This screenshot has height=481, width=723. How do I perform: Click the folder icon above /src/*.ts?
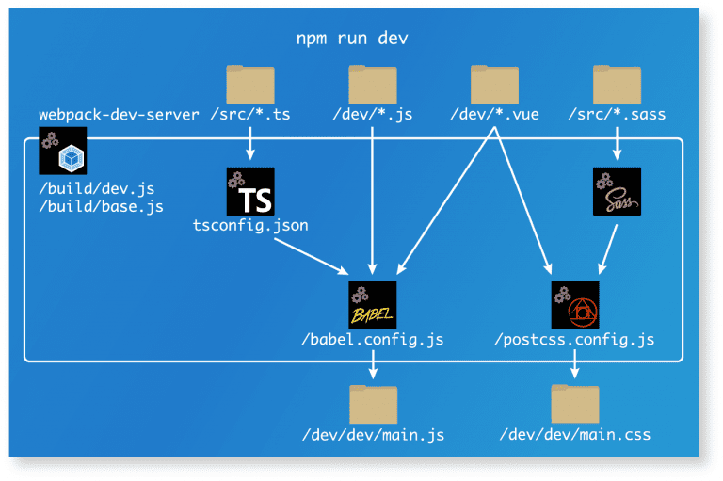point(250,85)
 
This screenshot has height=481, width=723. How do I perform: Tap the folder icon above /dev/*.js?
point(373,85)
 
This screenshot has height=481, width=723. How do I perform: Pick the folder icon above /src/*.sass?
point(618,85)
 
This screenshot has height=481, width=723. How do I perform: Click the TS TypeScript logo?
point(250,191)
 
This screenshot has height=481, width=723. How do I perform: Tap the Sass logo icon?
point(618,191)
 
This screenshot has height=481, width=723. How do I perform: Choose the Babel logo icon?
point(373,305)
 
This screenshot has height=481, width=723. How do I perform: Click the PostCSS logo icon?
point(575,305)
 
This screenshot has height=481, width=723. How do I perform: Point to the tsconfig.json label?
point(250,226)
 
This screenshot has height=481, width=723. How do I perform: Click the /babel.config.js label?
point(373,339)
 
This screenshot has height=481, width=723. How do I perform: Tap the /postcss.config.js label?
point(574,339)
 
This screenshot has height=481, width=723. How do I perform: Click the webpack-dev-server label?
point(119,115)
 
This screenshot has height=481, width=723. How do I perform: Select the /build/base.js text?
point(101,206)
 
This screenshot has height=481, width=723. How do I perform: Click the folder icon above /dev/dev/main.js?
point(373,404)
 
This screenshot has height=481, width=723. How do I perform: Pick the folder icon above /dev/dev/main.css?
point(575,404)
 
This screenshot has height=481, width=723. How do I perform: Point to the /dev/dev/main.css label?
point(575,435)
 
